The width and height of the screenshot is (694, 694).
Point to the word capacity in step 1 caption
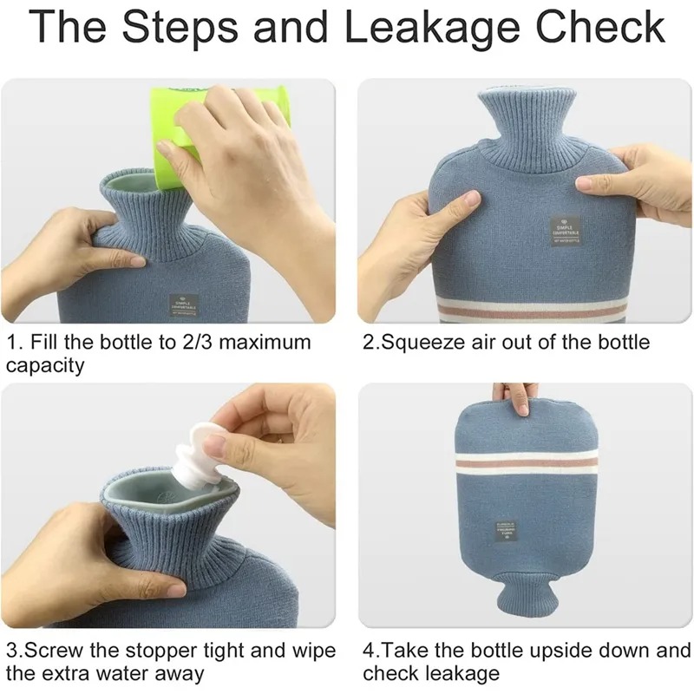pyautogui.click(x=45, y=365)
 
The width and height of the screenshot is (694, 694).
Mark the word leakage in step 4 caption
pyautogui.click(x=465, y=674)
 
